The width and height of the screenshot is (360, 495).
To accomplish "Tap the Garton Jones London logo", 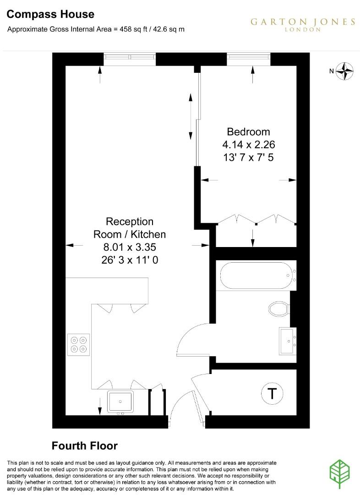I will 302,24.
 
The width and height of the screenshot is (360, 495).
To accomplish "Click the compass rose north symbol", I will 345,71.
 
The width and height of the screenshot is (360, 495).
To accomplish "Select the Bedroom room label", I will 248,132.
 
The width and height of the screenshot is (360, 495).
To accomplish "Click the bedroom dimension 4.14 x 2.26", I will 248,144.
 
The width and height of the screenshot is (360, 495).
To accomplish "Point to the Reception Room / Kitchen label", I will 130,228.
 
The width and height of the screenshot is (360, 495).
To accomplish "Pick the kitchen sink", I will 120,402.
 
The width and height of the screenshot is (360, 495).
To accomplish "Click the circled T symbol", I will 272,393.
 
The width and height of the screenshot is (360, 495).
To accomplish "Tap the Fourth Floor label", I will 84,445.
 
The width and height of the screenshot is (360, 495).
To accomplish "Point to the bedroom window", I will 248,57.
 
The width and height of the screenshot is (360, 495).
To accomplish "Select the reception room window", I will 130,57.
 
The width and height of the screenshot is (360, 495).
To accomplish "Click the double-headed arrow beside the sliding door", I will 190,117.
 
